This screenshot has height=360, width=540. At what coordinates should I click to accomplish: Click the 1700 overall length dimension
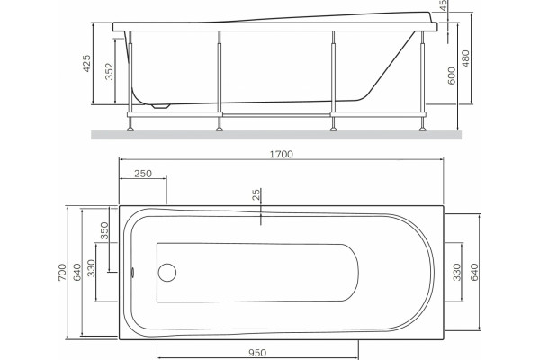(x=281, y=154)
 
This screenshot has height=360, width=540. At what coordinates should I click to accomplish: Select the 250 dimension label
(x=143, y=174)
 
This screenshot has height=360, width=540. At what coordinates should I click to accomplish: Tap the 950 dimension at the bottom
(x=257, y=353)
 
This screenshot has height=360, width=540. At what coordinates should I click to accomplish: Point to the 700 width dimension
(x=62, y=272)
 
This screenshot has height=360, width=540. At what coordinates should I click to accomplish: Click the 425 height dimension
(x=86, y=63)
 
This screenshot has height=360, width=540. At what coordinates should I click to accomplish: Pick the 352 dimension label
(x=109, y=71)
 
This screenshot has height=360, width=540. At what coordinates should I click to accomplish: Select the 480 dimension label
(x=465, y=58)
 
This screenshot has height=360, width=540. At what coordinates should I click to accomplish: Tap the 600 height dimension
(x=452, y=76)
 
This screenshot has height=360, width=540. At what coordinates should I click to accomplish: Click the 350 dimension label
(x=104, y=230)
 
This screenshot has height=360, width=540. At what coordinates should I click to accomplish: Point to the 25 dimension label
(x=256, y=194)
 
